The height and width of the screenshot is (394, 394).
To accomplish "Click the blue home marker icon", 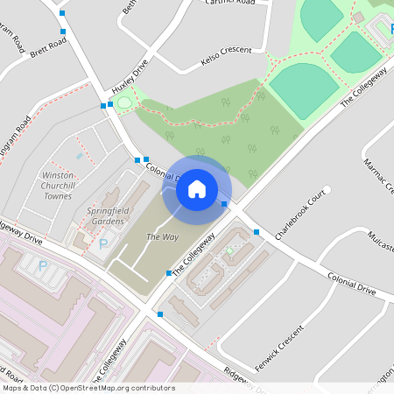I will click(197, 188).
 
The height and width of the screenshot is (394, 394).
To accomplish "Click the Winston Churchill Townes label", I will click(58, 186).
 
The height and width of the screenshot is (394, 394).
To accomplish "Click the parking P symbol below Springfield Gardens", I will click(104, 244).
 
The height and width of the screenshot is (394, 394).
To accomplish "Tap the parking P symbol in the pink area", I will click(41, 265).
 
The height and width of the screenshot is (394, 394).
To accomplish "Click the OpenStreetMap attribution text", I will click(88, 388).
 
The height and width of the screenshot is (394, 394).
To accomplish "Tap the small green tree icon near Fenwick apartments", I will click(230, 251).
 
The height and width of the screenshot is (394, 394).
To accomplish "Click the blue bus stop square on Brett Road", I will click(63, 32).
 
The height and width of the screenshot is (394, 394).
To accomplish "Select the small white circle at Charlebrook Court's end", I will click(327, 189).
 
